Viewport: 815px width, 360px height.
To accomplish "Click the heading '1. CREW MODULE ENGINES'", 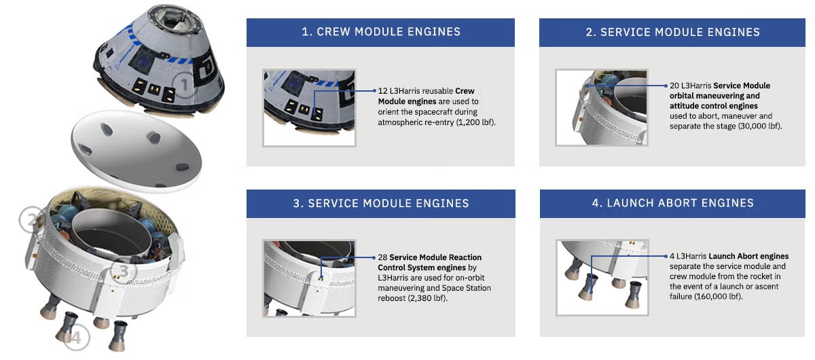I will click(x=381, y=32).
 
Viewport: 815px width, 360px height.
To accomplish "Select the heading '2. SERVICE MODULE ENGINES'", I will click(x=674, y=32).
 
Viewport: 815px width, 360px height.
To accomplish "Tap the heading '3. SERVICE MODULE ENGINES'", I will click(x=381, y=203).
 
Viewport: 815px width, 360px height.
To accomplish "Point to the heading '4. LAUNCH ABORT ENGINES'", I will click(x=674, y=203).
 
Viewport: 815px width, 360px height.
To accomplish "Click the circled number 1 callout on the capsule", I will click(x=184, y=86).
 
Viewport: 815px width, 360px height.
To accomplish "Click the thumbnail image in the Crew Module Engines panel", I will click(x=309, y=107).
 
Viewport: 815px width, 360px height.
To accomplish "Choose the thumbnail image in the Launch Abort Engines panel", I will click(x=601, y=278).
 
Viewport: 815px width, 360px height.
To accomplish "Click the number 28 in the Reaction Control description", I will click(x=382, y=258).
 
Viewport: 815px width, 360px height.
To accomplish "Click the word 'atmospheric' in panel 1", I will click(x=399, y=123).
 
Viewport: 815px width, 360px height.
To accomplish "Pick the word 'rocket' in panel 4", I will click(x=761, y=276).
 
